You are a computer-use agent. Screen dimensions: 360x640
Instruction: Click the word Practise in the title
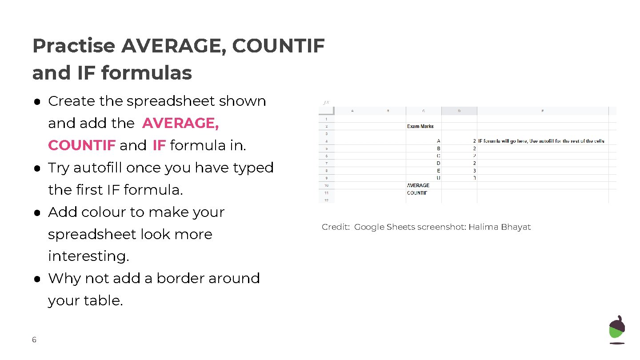[x=73, y=46]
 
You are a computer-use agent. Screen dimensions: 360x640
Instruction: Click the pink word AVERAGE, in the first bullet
[x=180, y=123]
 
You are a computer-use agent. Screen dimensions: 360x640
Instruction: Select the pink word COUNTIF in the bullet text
[x=82, y=145]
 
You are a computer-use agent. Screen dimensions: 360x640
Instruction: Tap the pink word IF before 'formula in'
[x=159, y=145]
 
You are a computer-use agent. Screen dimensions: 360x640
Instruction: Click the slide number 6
[x=34, y=340]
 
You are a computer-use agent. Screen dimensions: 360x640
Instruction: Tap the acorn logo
[x=616, y=329]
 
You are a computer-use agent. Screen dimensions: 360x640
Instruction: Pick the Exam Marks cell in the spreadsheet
[x=420, y=126]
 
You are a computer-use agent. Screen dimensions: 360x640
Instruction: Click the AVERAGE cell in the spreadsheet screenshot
[x=418, y=185]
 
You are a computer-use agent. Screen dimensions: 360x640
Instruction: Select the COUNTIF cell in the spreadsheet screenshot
[x=417, y=193]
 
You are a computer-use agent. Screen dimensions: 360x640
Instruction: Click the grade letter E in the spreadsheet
[x=439, y=171]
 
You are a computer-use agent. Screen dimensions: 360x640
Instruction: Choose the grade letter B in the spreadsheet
[x=439, y=148]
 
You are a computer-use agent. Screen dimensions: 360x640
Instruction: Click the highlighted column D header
[x=459, y=111]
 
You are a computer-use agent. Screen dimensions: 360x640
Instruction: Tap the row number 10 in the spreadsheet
[x=326, y=185]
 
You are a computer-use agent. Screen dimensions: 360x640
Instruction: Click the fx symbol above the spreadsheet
[x=326, y=102]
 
